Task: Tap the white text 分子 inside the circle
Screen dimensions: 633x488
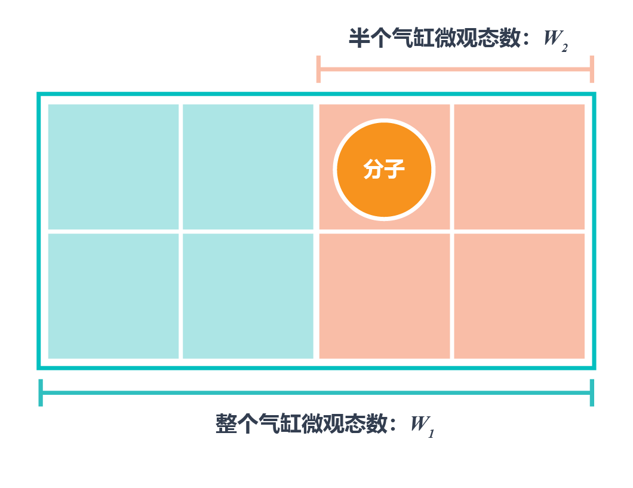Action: point(384,170)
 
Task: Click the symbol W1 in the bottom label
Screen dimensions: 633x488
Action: point(422,426)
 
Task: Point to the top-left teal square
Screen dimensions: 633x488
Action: point(113,166)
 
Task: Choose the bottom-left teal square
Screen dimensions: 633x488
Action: point(113,296)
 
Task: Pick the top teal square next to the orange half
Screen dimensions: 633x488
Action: point(248,166)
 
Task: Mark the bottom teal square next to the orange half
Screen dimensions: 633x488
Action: point(248,296)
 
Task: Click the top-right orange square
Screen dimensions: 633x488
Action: point(519,166)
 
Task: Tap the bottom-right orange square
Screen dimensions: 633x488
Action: point(519,296)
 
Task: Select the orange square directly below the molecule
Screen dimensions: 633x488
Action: point(384,296)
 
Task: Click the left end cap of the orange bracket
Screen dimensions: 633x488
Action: point(319,69)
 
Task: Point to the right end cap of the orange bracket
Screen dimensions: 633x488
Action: point(591,69)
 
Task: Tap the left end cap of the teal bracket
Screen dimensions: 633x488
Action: point(41,392)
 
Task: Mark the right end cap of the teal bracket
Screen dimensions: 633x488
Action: point(592,392)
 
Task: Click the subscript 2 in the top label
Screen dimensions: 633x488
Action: point(564,47)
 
